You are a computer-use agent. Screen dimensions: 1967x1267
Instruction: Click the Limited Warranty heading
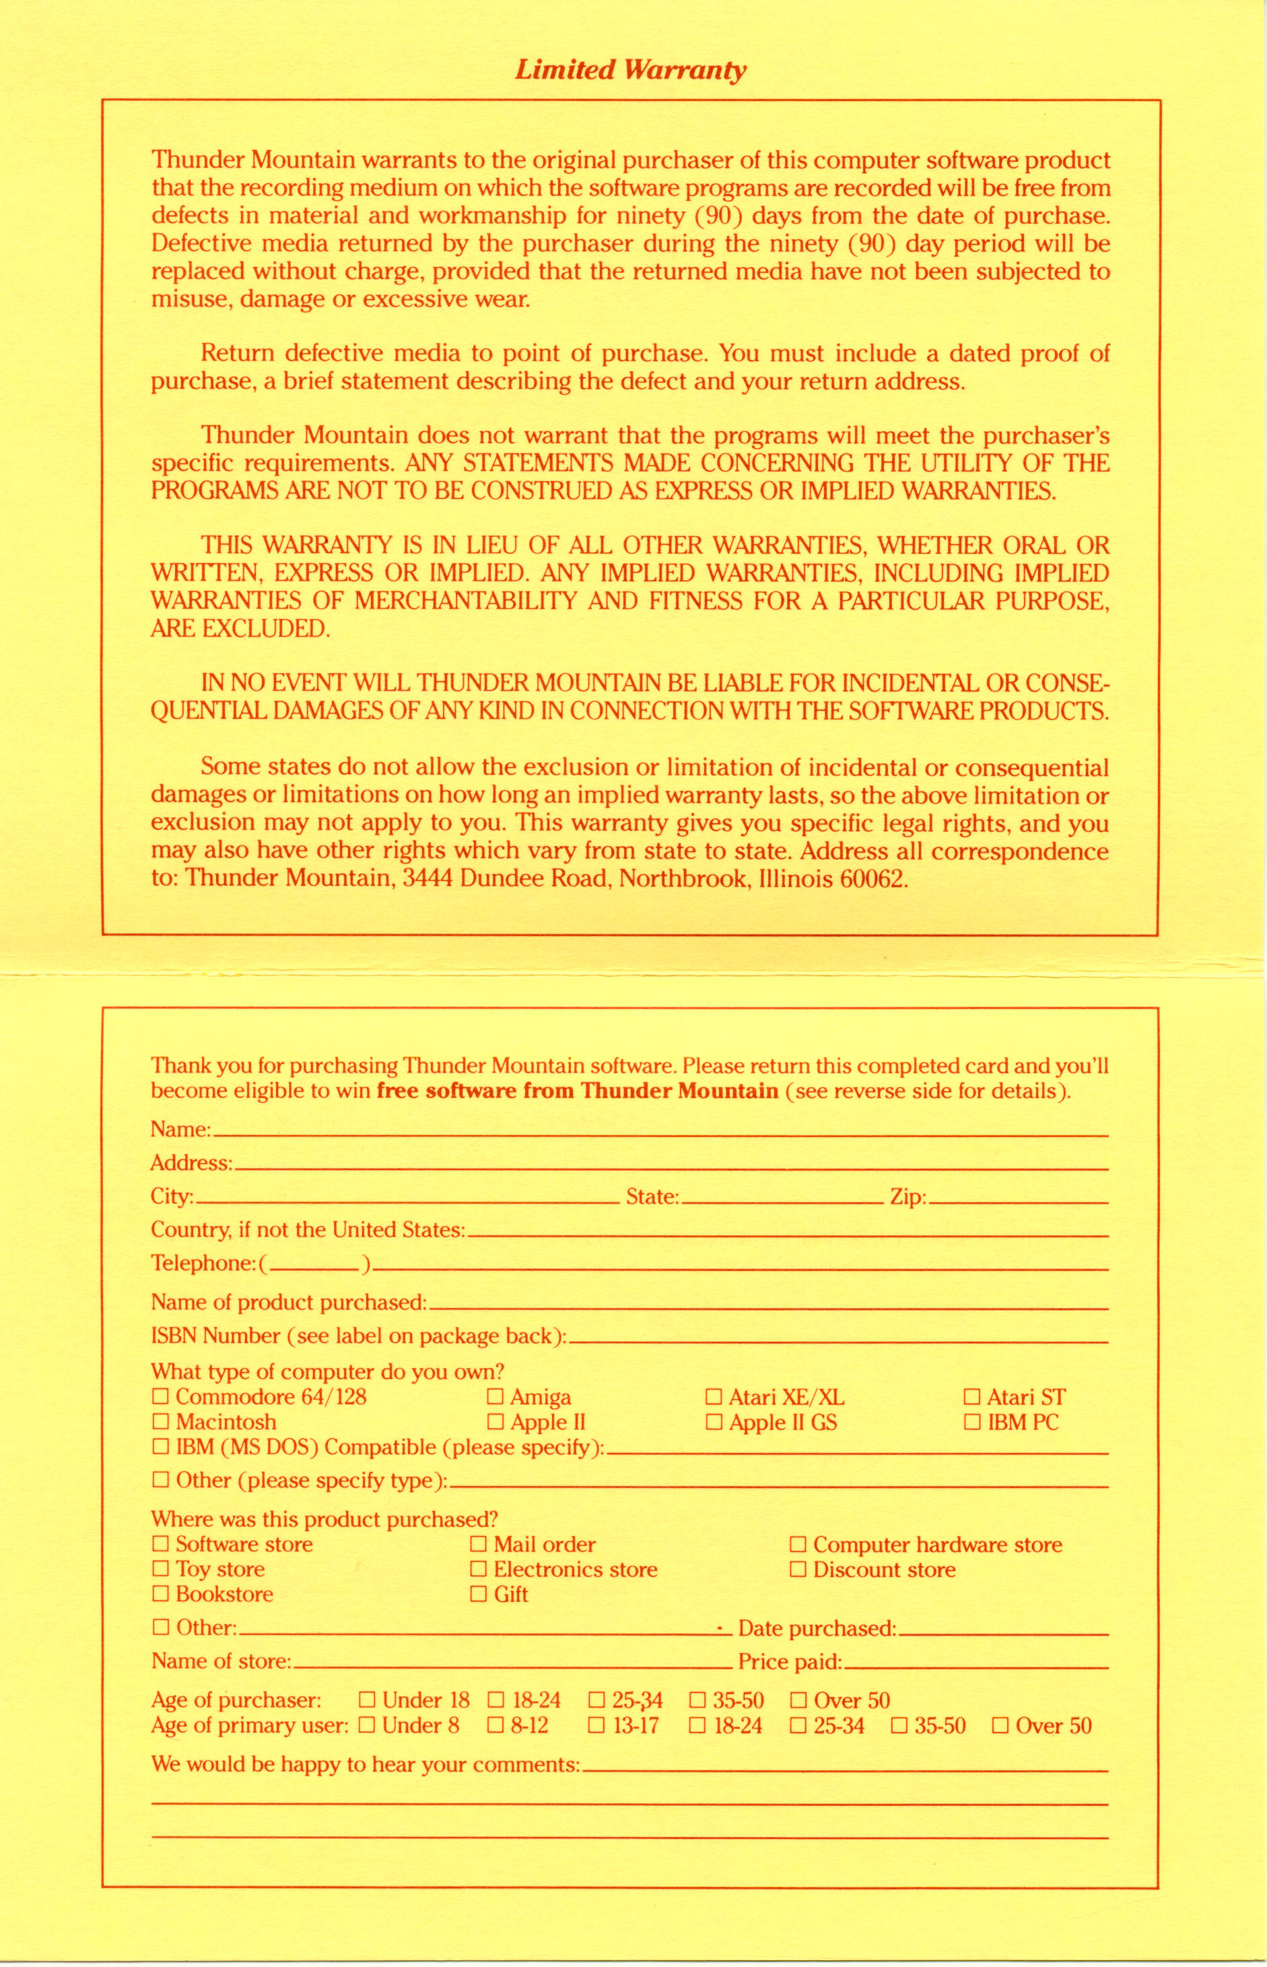[630, 71]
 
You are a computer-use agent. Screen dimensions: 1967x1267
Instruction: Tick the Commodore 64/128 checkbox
[160, 1396]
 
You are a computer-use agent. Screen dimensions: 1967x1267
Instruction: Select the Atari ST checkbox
[971, 1396]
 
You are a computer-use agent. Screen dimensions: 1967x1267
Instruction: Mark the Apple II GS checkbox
[714, 1422]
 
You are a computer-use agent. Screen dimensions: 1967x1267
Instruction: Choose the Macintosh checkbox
[160, 1422]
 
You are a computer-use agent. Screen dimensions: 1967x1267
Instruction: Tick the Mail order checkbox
[478, 1545]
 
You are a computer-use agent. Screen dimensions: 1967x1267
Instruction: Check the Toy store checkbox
[160, 1570]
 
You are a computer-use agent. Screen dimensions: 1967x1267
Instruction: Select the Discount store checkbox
[797, 1570]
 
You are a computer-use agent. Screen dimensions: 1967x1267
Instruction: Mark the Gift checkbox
[478, 1594]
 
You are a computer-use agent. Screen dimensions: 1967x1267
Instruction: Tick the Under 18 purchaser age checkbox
[367, 1700]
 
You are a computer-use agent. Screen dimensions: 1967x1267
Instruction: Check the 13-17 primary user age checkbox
[596, 1725]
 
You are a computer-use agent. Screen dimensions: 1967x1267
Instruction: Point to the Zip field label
[908, 1196]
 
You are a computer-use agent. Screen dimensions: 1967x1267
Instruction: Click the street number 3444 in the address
[427, 879]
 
